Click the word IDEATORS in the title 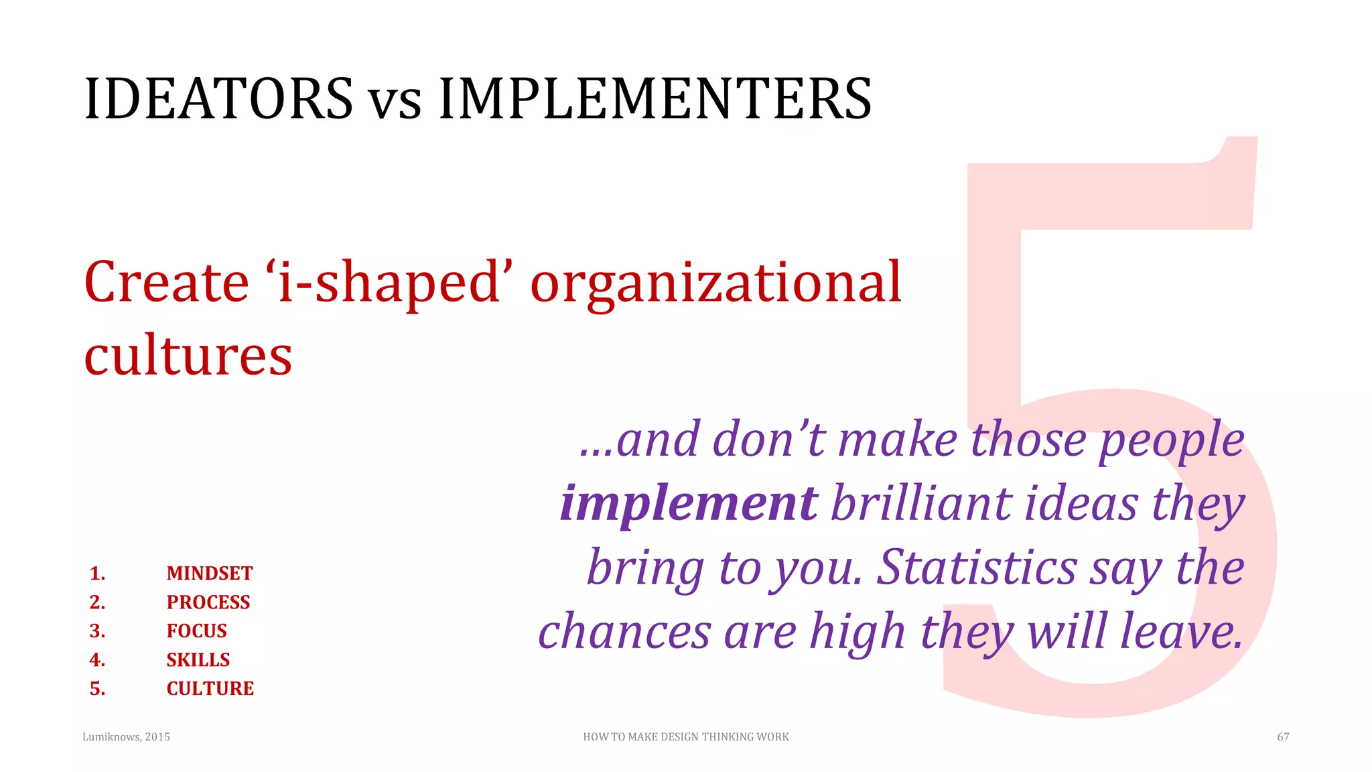[x=218, y=99]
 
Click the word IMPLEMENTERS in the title [x=655, y=99]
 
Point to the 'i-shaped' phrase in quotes [x=389, y=283]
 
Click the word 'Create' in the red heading [x=167, y=283]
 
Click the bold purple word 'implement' [x=689, y=504]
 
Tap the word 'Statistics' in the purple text [x=977, y=568]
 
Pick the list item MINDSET [x=210, y=574]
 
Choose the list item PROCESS [x=208, y=602]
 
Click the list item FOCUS [x=197, y=631]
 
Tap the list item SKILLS [x=198, y=660]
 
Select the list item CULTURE [x=210, y=689]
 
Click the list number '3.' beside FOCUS [x=98, y=631]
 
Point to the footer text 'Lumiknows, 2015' [x=126, y=737]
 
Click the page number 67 [x=1283, y=737]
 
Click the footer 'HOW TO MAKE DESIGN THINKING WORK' [x=686, y=737]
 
